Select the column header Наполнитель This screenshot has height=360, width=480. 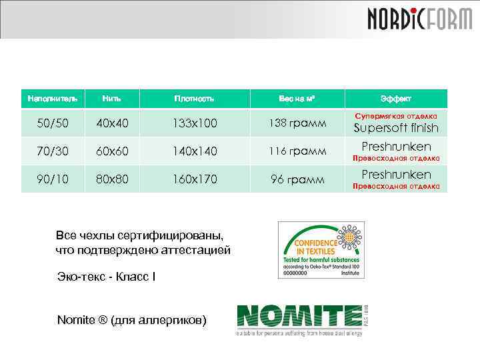point(53,99)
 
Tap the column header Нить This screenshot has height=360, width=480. point(112,99)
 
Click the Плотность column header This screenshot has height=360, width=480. point(194,99)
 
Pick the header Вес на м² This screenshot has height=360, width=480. point(297,99)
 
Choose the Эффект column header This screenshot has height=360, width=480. point(396,99)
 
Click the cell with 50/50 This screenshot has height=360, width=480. point(53,123)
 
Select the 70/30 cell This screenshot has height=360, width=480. point(53,151)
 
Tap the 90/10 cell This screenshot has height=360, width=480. point(53,179)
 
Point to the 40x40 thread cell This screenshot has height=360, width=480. point(112,123)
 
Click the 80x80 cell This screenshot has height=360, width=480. point(112,179)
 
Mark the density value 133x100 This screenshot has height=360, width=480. point(194,123)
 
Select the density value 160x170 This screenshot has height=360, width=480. point(194,179)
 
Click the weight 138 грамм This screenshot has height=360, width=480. point(297,123)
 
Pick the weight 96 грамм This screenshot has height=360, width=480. point(297,179)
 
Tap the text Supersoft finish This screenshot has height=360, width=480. point(396,128)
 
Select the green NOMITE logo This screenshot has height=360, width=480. point(300,319)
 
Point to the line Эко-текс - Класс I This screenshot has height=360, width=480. point(107,275)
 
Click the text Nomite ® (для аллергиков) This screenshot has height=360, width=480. point(132,320)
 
